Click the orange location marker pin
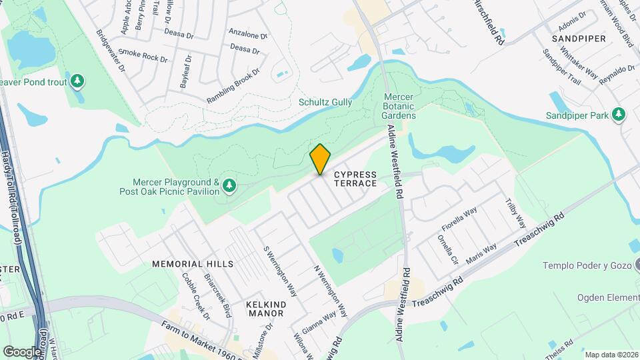(x=320, y=159)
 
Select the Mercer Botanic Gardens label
(x=400, y=106)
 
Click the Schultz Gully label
(x=325, y=102)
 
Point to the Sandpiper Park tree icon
(x=619, y=115)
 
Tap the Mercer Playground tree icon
(x=229, y=185)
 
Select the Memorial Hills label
(x=183, y=264)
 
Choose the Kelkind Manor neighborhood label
(x=266, y=309)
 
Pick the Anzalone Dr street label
(x=247, y=34)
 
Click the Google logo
(x=22, y=351)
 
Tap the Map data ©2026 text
(x=611, y=355)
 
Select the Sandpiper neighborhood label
(x=578, y=39)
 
